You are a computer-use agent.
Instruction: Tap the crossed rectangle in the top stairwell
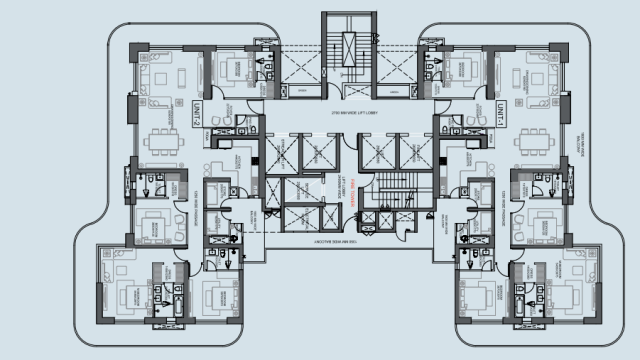(349, 46)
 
